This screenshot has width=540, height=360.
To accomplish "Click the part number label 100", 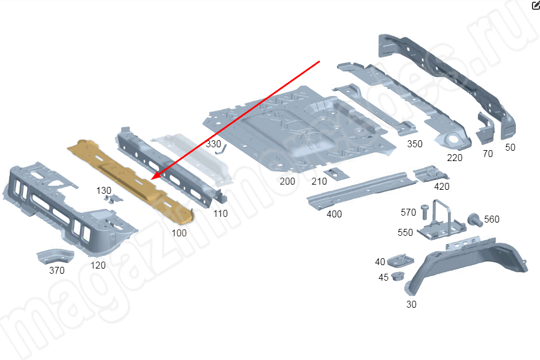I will coord(179,233).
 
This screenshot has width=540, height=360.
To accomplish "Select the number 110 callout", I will coord(220,213).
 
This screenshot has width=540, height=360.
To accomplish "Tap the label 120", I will coord(98,265).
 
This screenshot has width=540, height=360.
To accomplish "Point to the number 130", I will coord(104,190).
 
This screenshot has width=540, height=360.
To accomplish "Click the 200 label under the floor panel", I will coord(287,181).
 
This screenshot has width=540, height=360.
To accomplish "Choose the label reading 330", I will coord(213,143).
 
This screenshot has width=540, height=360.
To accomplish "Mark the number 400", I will coord(334,214).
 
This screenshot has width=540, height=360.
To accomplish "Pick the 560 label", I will coord(492,219).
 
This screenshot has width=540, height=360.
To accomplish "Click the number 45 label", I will coord(384,277).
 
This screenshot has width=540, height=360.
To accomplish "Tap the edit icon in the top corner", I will coord(535,6).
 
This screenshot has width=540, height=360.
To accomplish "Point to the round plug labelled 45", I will coord(397,278).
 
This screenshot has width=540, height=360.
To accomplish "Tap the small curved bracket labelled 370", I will coord(54,256).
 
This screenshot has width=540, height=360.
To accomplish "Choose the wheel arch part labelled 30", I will coord(472,264).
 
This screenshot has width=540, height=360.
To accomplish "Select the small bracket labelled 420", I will coord(430,173).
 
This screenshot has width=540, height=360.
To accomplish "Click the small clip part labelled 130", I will coord(115,198).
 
